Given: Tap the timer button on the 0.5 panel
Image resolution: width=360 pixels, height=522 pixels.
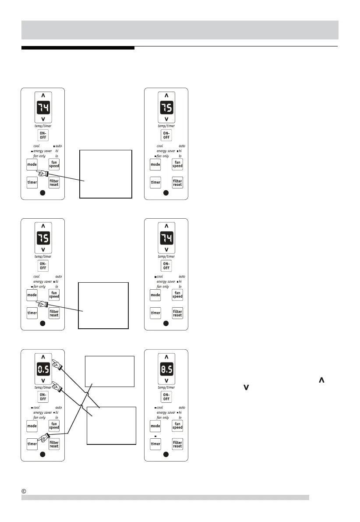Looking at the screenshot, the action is point(32,444).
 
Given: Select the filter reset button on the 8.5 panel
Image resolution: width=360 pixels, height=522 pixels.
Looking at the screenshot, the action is point(177,444).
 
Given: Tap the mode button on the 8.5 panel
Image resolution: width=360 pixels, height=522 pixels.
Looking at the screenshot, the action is point(155,426).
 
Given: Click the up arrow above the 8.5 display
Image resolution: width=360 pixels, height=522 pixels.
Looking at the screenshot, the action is point(166,355).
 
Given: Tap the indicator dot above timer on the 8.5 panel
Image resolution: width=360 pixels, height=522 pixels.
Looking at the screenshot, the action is point(155,437).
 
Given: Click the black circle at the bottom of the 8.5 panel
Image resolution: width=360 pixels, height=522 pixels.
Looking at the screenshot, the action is point(166,454).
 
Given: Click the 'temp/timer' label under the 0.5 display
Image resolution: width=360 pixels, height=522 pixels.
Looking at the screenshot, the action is point(43,387).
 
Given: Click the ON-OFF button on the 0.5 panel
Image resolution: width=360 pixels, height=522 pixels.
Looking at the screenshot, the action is point(43,397).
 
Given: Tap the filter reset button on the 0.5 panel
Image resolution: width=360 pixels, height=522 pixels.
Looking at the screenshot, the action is point(54,444).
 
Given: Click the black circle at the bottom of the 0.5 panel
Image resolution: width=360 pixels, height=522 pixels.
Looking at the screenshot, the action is point(43,454).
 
